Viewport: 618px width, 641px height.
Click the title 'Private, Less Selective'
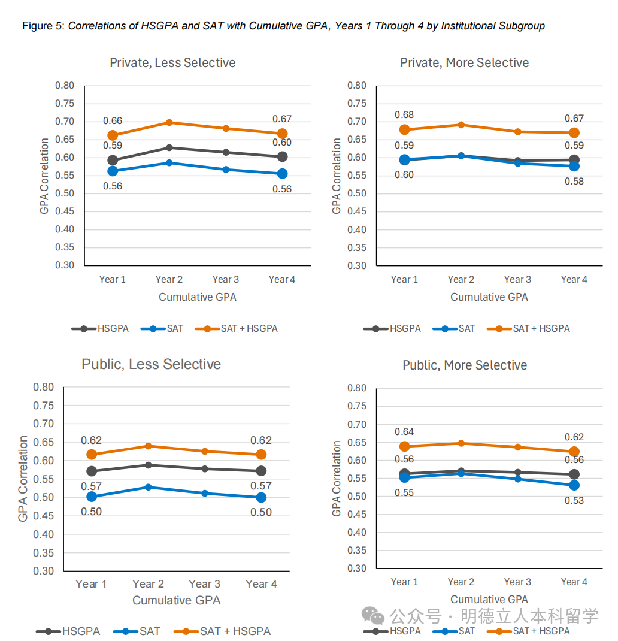tap(172, 63)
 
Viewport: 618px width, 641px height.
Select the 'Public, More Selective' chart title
tap(465, 365)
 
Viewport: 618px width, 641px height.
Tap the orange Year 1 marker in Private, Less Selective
tap(113, 135)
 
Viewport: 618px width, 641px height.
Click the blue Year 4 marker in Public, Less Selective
tap(261, 497)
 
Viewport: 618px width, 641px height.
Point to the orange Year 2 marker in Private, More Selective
tap(461, 125)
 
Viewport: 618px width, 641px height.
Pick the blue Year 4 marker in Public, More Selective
tap(574, 485)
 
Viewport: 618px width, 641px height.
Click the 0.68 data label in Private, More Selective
tap(404, 115)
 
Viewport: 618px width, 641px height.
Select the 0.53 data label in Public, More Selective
tap(574, 500)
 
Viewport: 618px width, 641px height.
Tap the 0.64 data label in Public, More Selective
tap(404, 432)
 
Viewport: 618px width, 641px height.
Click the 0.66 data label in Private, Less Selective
tap(113, 121)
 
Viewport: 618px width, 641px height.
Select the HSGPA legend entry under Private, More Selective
tap(405, 328)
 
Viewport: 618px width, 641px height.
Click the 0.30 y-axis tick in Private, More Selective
tap(357, 265)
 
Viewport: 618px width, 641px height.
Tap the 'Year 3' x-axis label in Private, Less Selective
tap(225, 279)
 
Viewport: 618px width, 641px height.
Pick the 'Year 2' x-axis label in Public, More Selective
tap(461, 582)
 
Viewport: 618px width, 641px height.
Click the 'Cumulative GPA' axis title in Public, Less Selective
tap(177, 600)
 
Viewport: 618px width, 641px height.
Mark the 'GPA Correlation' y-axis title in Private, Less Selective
tap(45, 176)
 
